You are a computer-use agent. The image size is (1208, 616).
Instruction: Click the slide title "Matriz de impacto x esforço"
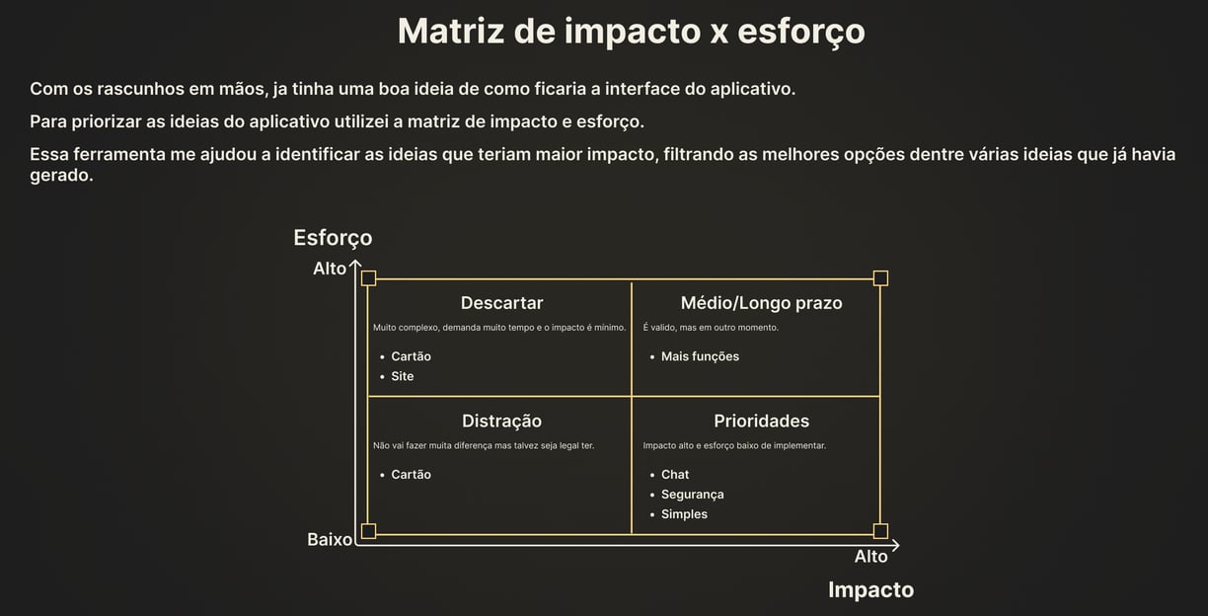tap(631, 31)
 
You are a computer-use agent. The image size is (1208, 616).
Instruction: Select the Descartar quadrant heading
tap(501, 303)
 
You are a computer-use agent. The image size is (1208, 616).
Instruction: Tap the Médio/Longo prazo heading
tap(761, 303)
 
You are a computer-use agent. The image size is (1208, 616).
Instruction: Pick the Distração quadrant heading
tap(501, 422)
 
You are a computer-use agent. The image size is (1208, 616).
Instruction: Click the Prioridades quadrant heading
tap(761, 422)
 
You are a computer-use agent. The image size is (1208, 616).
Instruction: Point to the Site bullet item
tap(402, 376)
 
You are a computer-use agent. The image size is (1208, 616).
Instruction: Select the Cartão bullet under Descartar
tap(411, 356)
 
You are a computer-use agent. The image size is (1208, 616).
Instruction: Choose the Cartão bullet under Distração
tap(411, 475)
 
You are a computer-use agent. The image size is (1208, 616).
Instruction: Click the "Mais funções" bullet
tap(700, 356)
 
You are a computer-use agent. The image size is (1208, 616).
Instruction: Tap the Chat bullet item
tap(675, 475)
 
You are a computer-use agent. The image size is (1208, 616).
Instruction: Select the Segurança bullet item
tap(692, 495)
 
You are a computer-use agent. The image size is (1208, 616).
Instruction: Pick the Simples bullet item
tap(684, 514)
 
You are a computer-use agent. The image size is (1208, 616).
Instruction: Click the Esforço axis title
tap(333, 238)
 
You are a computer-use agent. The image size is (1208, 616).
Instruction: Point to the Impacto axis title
tap(870, 590)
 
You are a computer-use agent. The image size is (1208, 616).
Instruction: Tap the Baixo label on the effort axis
tap(330, 540)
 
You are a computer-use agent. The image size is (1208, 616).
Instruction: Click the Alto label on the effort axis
tap(330, 269)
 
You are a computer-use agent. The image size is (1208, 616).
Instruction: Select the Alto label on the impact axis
tap(870, 557)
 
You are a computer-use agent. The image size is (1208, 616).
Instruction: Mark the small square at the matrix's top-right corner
tap(880, 278)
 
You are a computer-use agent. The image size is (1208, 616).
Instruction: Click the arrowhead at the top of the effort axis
tap(355, 263)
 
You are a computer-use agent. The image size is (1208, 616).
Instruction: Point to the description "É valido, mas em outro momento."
tap(711, 328)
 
